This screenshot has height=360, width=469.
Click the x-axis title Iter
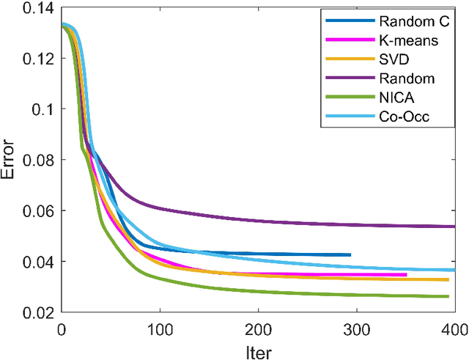(x=257, y=350)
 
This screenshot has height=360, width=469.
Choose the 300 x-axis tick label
(x=356, y=328)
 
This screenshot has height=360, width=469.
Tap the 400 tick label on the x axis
(x=454, y=328)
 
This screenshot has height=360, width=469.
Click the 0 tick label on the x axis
(x=61, y=328)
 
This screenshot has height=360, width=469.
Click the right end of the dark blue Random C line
(x=350, y=254)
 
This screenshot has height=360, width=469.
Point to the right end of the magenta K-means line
(x=406, y=275)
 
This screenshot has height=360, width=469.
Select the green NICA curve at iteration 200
(x=257, y=291)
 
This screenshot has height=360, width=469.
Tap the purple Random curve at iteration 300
(x=356, y=223)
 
